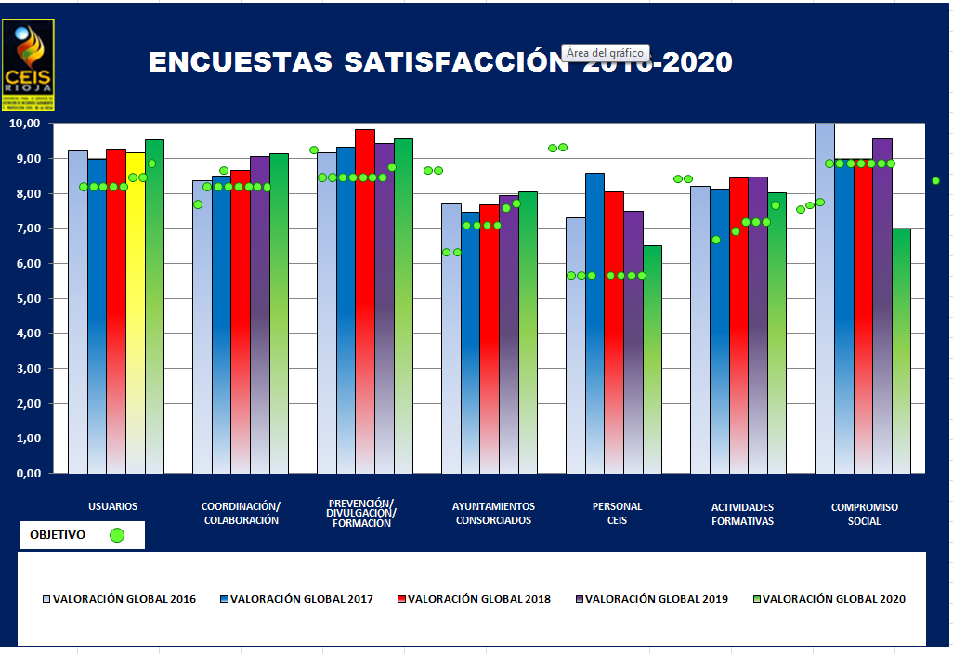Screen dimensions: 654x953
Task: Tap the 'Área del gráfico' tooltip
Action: (x=605, y=54)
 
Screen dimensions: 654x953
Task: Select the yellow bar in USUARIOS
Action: (x=135, y=316)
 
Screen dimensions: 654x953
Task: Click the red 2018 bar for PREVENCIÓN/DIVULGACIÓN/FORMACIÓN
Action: (x=365, y=307)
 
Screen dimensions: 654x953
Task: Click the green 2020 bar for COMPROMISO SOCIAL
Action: (x=901, y=353)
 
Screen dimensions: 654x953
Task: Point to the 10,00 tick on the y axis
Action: (x=24, y=124)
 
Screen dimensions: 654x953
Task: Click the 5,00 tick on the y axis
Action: (x=24, y=298)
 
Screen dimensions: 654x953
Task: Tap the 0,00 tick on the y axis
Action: (x=24, y=473)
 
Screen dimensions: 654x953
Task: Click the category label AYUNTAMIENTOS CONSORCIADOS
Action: (x=493, y=514)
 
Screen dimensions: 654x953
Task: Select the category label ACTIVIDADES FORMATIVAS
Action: (x=742, y=514)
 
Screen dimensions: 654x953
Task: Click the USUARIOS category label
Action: (x=113, y=506)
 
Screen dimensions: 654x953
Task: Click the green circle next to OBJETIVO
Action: (x=117, y=535)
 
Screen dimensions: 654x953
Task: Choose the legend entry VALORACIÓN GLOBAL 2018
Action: (x=478, y=599)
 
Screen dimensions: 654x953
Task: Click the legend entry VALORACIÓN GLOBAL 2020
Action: (x=833, y=599)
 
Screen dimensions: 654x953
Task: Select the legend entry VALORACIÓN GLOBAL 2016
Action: (x=124, y=599)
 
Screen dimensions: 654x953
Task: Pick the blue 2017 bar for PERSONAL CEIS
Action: (x=594, y=325)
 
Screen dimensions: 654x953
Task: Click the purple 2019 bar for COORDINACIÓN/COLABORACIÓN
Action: (x=259, y=316)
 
